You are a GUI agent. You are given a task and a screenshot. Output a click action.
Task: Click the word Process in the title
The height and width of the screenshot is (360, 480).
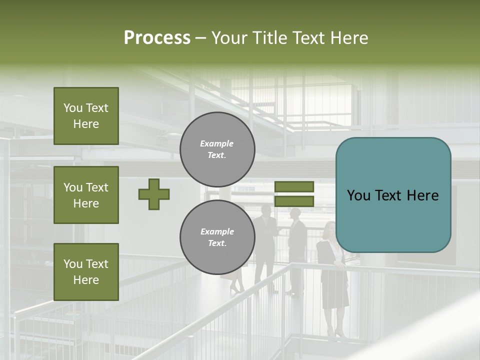(157, 38)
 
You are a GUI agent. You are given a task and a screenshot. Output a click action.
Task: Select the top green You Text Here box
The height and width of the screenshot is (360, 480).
(86, 116)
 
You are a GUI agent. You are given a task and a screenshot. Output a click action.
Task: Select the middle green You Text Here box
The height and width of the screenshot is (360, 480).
(86, 195)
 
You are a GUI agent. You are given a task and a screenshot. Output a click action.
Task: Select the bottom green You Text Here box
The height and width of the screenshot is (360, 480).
(86, 272)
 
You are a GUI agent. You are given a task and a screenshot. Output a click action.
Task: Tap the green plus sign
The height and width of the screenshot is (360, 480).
(154, 194)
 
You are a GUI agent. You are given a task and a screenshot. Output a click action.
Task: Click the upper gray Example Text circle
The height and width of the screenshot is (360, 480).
(217, 149)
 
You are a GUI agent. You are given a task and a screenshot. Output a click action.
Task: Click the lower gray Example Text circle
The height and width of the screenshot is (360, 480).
(217, 237)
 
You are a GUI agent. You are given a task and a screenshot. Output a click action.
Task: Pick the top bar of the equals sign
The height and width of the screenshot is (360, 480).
(294, 186)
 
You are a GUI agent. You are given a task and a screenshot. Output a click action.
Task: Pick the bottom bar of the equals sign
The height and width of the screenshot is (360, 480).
(294, 201)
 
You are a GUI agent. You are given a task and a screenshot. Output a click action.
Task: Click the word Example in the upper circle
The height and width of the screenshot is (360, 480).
(217, 143)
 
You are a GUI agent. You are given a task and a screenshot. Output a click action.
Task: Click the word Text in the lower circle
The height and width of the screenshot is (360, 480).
(217, 243)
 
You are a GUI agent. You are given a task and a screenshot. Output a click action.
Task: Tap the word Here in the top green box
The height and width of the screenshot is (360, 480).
(86, 124)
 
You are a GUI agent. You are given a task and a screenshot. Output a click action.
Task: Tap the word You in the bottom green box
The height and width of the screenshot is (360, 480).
(72, 264)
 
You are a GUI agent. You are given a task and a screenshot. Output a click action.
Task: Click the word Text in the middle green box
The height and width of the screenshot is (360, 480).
(97, 187)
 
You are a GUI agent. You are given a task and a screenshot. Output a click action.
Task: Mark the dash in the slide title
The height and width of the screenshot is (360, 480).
(200, 38)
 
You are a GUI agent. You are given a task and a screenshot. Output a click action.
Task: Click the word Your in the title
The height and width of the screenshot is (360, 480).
(229, 38)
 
